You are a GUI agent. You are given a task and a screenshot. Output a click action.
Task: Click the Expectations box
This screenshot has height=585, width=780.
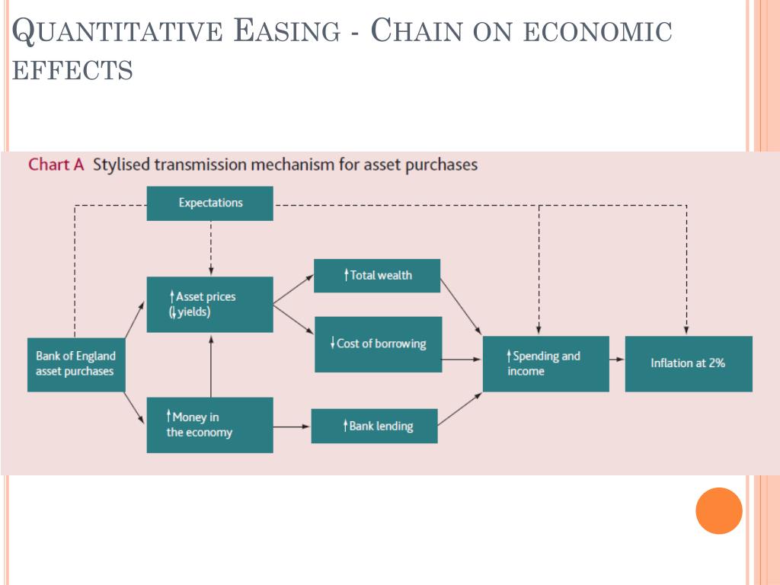[x=209, y=203]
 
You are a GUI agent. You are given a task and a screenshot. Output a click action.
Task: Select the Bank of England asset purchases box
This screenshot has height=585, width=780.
[x=76, y=364]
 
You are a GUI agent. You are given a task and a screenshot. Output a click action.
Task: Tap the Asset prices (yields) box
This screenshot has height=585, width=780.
[x=209, y=304]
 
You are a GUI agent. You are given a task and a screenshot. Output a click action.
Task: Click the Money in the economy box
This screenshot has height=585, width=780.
[x=209, y=425]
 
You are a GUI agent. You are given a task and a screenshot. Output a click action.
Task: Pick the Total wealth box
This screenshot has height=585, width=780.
[x=377, y=276]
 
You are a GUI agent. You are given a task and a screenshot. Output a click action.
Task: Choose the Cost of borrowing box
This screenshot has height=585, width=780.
[x=378, y=344]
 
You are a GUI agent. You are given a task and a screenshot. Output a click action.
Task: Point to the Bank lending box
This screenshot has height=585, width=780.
[x=374, y=427]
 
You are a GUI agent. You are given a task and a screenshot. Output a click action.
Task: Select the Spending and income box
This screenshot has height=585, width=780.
[x=546, y=363]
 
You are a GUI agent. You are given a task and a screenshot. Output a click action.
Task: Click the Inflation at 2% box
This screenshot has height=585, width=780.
[x=689, y=363]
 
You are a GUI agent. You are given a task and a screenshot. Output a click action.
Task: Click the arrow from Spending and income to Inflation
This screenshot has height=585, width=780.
[x=617, y=363]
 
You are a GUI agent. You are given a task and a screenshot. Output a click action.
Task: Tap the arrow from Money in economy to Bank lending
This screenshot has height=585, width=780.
[x=292, y=427]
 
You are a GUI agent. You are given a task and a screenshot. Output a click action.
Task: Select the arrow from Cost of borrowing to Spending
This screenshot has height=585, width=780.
[x=462, y=359]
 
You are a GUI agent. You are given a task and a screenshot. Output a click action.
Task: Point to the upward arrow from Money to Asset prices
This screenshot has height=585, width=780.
[x=211, y=365]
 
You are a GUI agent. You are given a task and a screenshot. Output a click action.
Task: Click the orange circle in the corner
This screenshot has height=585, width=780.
[x=718, y=510]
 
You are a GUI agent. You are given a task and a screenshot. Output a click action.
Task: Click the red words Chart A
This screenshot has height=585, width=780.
[x=56, y=165]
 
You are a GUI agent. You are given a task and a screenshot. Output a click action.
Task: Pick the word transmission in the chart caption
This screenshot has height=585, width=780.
[x=201, y=165]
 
